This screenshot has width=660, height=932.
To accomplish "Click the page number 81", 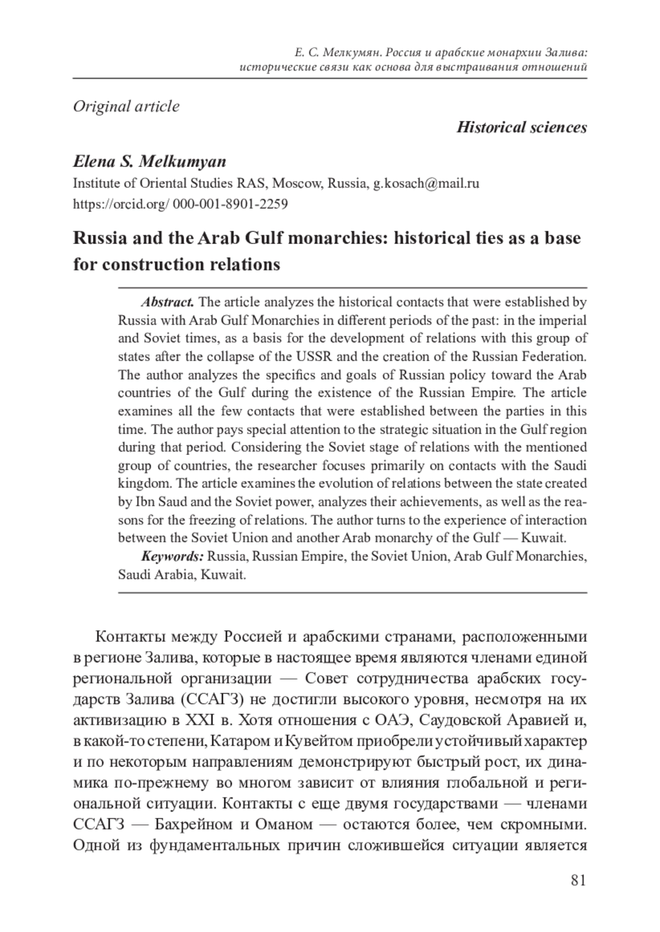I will click(x=578, y=880).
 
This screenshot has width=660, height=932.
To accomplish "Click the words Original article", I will click(x=126, y=106).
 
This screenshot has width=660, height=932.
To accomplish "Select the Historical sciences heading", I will click(x=521, y=127).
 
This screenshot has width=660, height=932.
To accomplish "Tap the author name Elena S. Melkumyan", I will click(x=150, y=162).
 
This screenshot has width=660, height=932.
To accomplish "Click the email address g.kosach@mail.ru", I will click(x=426, y=183).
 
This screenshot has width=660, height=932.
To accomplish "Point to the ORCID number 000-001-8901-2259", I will click(x=230, y=204).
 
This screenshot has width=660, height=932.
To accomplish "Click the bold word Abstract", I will click(x=168, y=302).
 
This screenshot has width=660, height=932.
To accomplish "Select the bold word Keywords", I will click(x=172, y=556).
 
